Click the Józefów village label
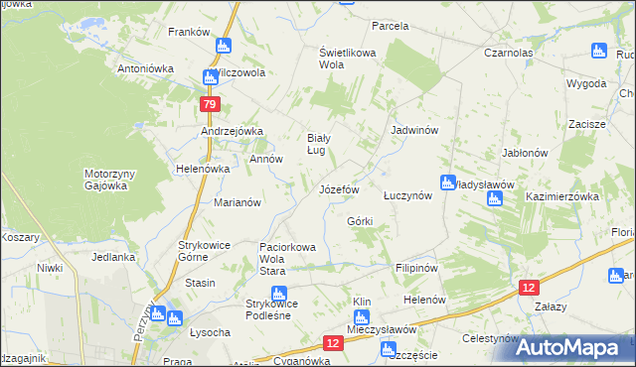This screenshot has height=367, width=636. (338, 188)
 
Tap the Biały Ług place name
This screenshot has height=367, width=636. (317, 144)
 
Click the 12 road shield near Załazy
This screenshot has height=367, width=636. (530, 286)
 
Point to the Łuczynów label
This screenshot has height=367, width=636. (407, 195)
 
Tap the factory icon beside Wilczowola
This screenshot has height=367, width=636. (211, 76)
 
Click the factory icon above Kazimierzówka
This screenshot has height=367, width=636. (495, 199)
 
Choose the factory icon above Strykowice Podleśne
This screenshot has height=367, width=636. (279, 293)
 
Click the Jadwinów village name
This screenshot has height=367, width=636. (415, 130)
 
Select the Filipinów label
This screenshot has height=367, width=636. (416, 267)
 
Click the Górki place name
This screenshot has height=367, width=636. (360, 221)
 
